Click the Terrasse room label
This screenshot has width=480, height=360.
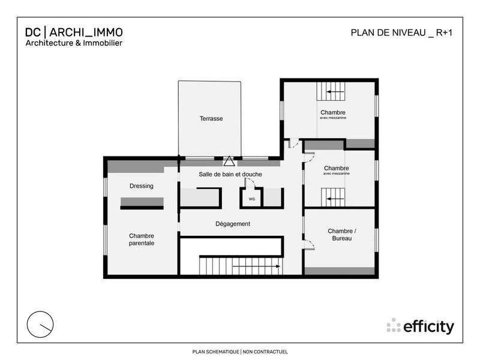[x=211, y=119]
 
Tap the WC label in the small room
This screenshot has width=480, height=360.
[x=251, y=199]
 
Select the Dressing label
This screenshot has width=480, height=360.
[x=142, y=186]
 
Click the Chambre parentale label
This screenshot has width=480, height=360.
[x=142, y=239]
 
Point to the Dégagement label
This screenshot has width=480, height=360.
[x=233, y=224]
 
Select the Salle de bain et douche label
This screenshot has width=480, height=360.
[x=230, y=175]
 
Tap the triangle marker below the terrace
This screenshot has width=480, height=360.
[x=229, y=161]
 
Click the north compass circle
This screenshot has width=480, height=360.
[x=41, y=324]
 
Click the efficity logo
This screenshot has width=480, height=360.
[x=421, y=326]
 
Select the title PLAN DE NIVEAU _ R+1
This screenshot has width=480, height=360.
[x=401, y=33]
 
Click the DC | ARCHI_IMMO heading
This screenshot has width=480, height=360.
[x=74, y=32]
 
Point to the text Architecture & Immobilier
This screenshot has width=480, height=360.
[x=74, y=43]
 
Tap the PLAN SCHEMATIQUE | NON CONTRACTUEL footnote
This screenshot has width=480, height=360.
[x=240, y=352]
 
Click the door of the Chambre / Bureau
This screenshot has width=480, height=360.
[x=309, y=244]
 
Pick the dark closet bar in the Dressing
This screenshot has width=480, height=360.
[x=142, y=203]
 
